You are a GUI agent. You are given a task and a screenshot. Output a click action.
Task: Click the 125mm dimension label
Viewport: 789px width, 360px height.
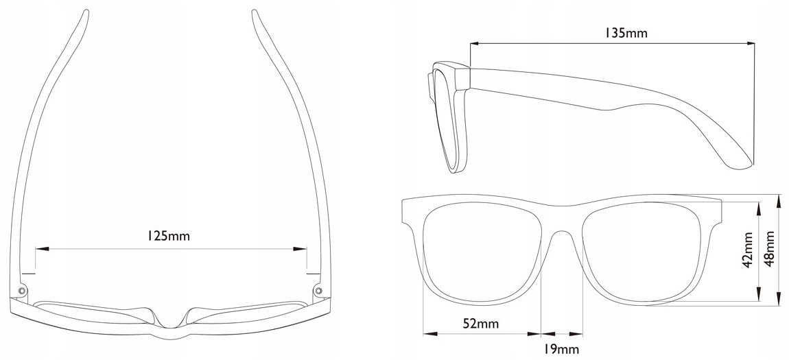168,237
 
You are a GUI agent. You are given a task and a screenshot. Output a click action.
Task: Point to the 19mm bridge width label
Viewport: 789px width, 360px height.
561,350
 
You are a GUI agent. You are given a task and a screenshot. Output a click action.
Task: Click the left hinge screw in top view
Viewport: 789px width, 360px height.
23,291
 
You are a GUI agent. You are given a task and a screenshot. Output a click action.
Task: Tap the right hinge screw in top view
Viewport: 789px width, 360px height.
318,291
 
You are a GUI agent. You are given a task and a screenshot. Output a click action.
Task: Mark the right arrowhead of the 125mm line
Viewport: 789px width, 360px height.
304,249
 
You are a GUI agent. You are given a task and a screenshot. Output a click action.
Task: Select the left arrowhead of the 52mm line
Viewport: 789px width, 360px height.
425,334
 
